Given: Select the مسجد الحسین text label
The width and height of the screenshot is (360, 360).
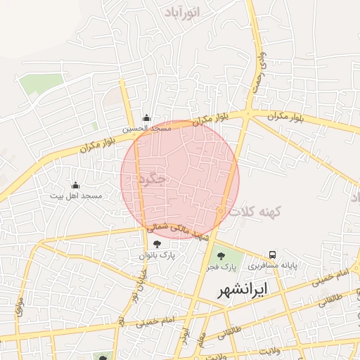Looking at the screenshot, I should coord(146,129).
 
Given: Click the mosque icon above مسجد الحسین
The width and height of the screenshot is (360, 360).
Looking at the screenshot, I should coord(146,118).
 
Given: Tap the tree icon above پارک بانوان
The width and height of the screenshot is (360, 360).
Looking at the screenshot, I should coord(156,244).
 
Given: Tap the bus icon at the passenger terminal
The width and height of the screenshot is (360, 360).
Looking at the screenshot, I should coord(272,255).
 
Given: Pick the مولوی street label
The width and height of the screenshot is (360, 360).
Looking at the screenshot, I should coord(19,307).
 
